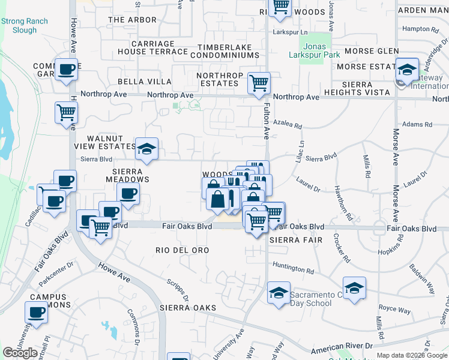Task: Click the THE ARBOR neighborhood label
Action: coord(132,20)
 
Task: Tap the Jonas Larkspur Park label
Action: coord(315,51)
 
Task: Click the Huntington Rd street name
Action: coord(293,271)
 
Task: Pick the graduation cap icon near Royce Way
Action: coord(354,288)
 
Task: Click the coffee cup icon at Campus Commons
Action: coord(36,312)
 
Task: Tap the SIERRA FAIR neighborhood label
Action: coord(292,239)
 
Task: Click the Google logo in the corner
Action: coord(20,353)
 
